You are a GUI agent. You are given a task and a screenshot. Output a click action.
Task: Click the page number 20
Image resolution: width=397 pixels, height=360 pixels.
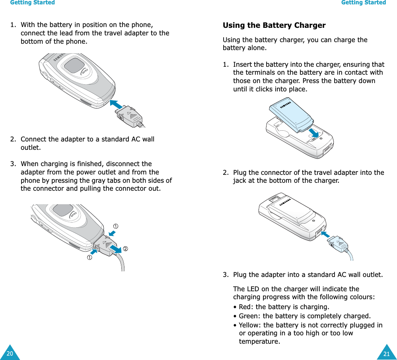10,354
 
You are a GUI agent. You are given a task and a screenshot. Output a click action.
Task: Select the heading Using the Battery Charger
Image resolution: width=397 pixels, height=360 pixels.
274,25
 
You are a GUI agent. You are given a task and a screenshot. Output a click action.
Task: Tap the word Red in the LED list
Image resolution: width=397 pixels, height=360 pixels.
244,307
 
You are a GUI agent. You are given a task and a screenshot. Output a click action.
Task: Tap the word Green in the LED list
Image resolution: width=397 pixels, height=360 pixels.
248,316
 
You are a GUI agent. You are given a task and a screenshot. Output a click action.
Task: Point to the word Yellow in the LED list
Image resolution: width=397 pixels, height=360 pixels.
249,325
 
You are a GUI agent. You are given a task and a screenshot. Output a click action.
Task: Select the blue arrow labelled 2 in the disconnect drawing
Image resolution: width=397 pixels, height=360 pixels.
115,248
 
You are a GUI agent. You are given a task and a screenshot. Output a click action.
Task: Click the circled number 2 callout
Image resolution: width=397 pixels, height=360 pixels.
125,249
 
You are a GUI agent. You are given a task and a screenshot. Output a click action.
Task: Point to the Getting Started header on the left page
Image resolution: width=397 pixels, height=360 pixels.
32,3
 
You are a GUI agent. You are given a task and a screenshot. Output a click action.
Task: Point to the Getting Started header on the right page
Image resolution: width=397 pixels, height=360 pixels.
364,3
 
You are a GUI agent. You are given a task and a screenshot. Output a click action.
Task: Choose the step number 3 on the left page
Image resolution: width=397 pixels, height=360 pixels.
13,164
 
